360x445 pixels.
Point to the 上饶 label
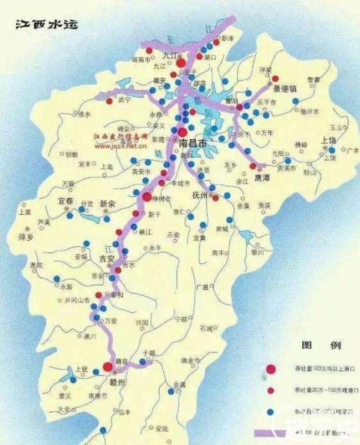pos(328,140)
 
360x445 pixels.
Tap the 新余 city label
pos(110,204)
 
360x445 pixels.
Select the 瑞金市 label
pos(188,361)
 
